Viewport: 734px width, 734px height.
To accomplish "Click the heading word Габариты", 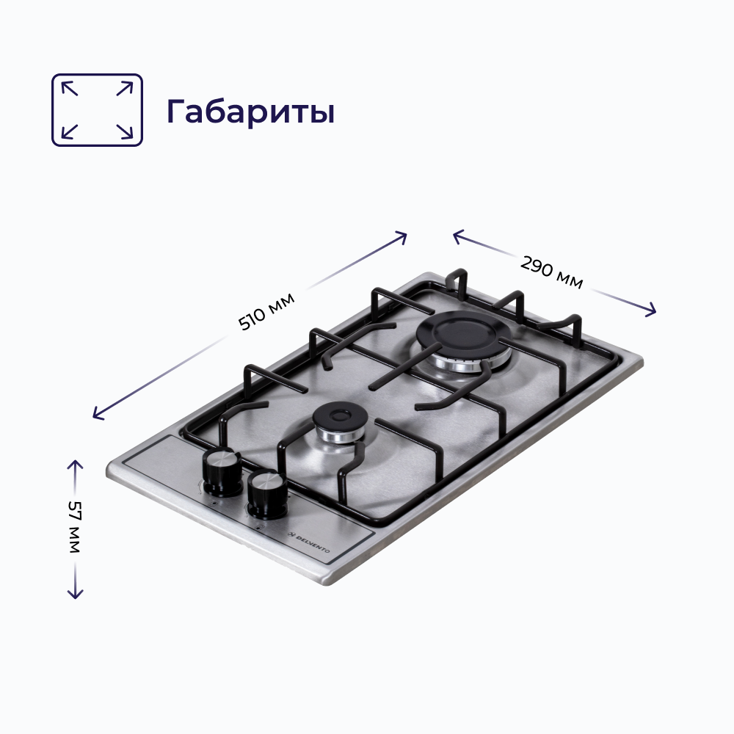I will click(x=250, y=111).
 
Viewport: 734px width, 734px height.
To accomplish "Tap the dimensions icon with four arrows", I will click(x=97, y=109).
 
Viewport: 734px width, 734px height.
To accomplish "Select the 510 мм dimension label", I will click(x=267, y=311).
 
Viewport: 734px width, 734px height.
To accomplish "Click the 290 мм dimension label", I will click(x=552, y=272).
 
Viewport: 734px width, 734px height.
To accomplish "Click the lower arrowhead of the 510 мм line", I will click(x=97, y=416).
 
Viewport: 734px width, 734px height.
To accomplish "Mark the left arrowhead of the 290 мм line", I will click(x=457, y=234).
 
